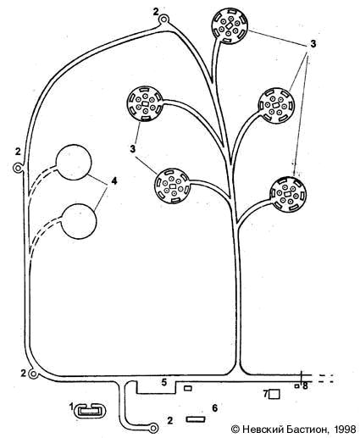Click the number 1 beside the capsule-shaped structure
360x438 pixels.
click(71, 407)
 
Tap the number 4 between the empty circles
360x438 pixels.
click(114, 180)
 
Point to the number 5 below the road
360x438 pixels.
click(164, 382)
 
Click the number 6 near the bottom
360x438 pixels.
click(214, 408)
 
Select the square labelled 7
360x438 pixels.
click(274, 394)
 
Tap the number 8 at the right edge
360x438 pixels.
click(305, 385)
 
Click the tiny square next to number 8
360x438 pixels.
click(296, 386)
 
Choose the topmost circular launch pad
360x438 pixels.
click(230, 26)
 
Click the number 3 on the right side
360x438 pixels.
click(313, 44)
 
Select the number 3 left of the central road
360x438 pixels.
click(133, 149)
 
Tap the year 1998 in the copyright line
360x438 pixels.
click(344, 430)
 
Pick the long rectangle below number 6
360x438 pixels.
click(196, 419)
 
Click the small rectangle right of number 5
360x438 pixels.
click(188, 388)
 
